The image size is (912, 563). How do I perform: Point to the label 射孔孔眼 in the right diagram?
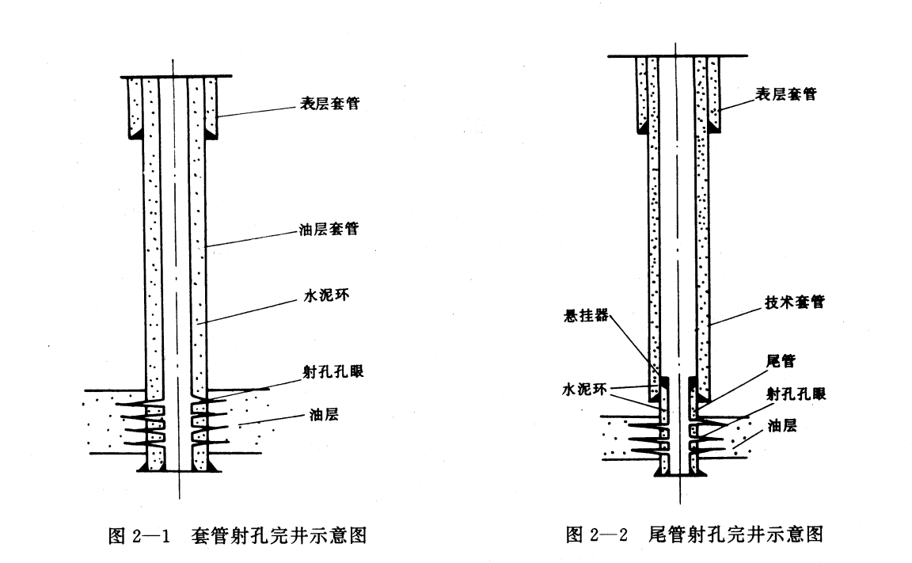(795, 394)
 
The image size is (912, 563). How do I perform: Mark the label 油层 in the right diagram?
(780, 425)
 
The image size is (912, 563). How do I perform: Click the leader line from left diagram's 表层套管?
(253, 110)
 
